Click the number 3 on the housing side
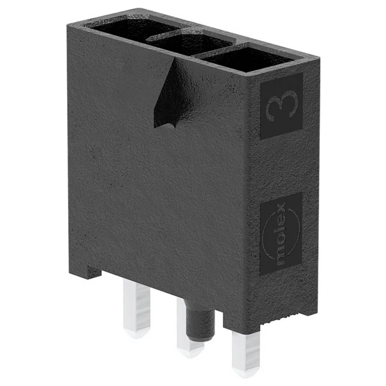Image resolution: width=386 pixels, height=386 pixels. click(x=282, y=106)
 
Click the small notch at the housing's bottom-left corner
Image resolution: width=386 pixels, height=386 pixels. click(x=93, y=273)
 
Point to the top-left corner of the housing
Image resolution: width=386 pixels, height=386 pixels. click(x=69, y=24)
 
